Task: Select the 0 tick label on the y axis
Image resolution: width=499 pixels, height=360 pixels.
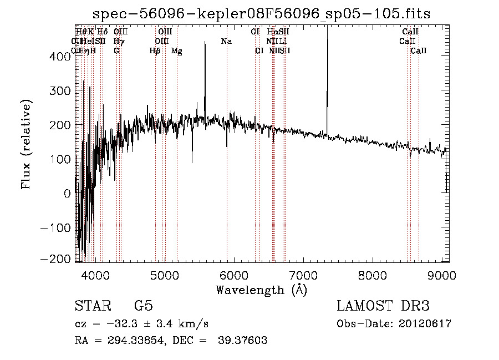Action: (68, 194)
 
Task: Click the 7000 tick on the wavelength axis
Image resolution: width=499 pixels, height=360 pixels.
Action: (303, 275)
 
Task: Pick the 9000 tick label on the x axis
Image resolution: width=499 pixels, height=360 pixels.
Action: (442, 275)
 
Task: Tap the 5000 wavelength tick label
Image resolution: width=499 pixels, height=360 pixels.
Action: (164, 275)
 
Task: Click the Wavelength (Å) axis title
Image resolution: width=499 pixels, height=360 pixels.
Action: (261, 290)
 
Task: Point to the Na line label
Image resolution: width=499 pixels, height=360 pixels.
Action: (226, 42)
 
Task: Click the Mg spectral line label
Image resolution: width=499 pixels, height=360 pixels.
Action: (176, 51)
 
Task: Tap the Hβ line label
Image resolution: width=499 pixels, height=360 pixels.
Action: (155, 51)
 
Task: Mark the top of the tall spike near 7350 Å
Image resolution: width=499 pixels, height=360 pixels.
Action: (327, 27)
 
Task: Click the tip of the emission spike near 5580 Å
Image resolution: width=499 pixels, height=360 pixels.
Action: (205, 42)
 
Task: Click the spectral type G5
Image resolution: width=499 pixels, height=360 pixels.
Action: (143, 306)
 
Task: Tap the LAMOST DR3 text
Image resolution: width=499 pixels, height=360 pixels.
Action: (383, 306)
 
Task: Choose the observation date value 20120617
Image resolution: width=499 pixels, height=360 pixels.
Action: (425, 324)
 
